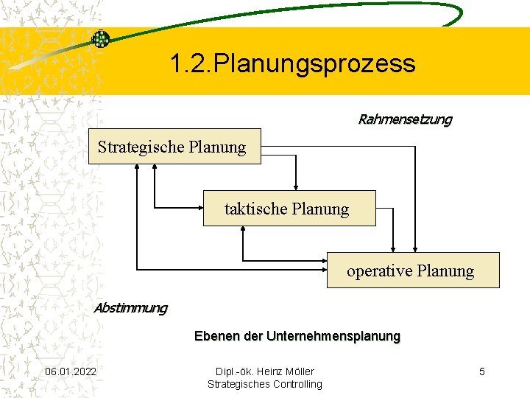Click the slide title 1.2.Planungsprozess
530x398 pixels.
[x=292, y=63]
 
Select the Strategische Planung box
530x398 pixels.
[x=174, y=147]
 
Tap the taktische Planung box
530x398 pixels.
[x=289, y=209]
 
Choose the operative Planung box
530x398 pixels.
[x=412, y=270]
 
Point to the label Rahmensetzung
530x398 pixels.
[x=405, y=119]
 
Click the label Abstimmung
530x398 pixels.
[x=130, y=307]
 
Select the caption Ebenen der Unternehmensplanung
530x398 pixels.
[x=297, y=336]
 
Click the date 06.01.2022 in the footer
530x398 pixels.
[x=70, y=371]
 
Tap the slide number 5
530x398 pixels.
[x=482, y=371]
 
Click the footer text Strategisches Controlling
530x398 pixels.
[x=265, y=384]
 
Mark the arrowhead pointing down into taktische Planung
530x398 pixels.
[x=296, y=186]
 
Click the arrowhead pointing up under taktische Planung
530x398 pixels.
[x=243, y=230]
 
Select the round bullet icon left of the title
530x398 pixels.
[x=100, y=39]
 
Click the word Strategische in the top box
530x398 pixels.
[x=141, y=147]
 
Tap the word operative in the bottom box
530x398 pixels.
[x=379, y=270]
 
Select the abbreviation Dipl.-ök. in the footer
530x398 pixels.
[x=234, y=371]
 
